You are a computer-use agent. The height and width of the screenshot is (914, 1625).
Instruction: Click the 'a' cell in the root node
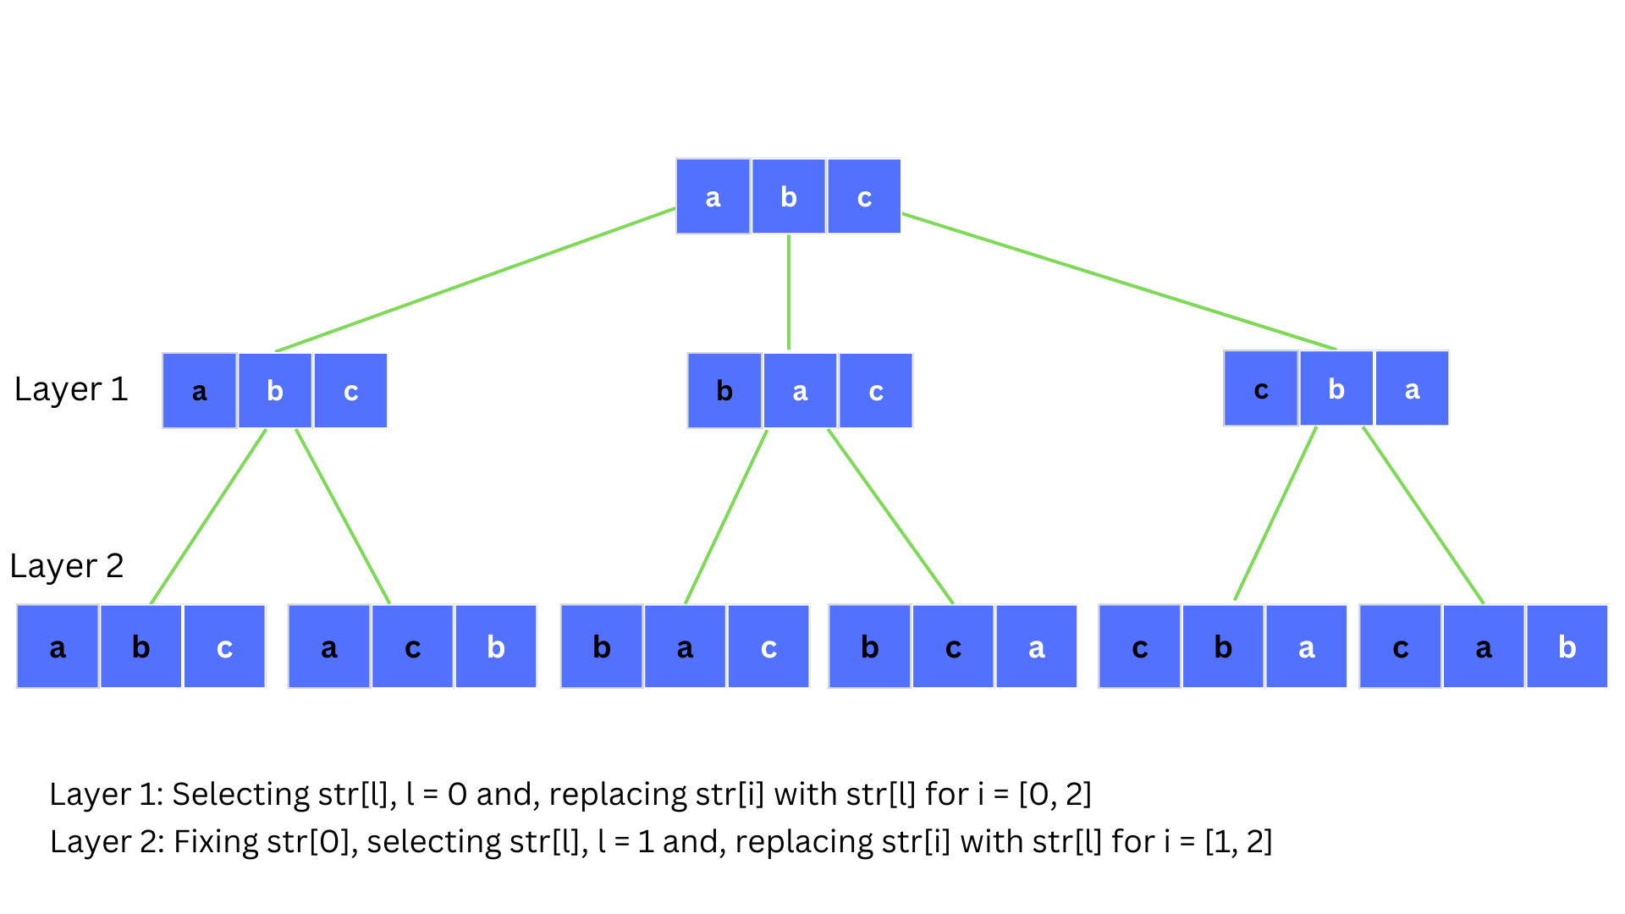pos(713,196)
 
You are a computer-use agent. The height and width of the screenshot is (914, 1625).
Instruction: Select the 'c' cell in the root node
pos(864,196)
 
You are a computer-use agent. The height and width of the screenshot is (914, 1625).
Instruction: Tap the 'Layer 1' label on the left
pos(71,389)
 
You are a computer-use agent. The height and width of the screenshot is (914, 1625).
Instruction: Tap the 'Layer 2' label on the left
pos(67,565)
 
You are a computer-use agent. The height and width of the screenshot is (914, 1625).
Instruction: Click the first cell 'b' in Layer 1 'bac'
pos(724,391)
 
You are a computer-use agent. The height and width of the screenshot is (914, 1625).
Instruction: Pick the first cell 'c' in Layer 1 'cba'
pos(1260,389)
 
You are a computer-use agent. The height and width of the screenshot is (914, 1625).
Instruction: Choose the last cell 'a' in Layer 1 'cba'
pos(1412,389)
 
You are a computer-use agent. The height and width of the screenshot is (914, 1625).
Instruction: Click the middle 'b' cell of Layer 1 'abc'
pos(275,391)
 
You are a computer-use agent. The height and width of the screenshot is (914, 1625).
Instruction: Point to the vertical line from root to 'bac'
pos(789,292)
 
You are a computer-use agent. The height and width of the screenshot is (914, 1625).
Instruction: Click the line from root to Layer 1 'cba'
pos(1117,281)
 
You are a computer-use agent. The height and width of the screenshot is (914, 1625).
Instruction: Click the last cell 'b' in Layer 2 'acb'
pos(496,647)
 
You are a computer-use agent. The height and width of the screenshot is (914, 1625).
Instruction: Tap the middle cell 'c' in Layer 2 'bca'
pos(953,647)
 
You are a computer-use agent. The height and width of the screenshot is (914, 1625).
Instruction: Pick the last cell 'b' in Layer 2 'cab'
pos(1567,647)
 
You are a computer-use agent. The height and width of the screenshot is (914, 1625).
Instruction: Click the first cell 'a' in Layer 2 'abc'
pos(58,647)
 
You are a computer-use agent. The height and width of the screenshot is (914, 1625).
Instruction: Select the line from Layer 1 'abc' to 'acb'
pos(343,516)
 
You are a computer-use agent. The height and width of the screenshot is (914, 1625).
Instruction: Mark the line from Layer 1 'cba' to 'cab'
pos(1424,515)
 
